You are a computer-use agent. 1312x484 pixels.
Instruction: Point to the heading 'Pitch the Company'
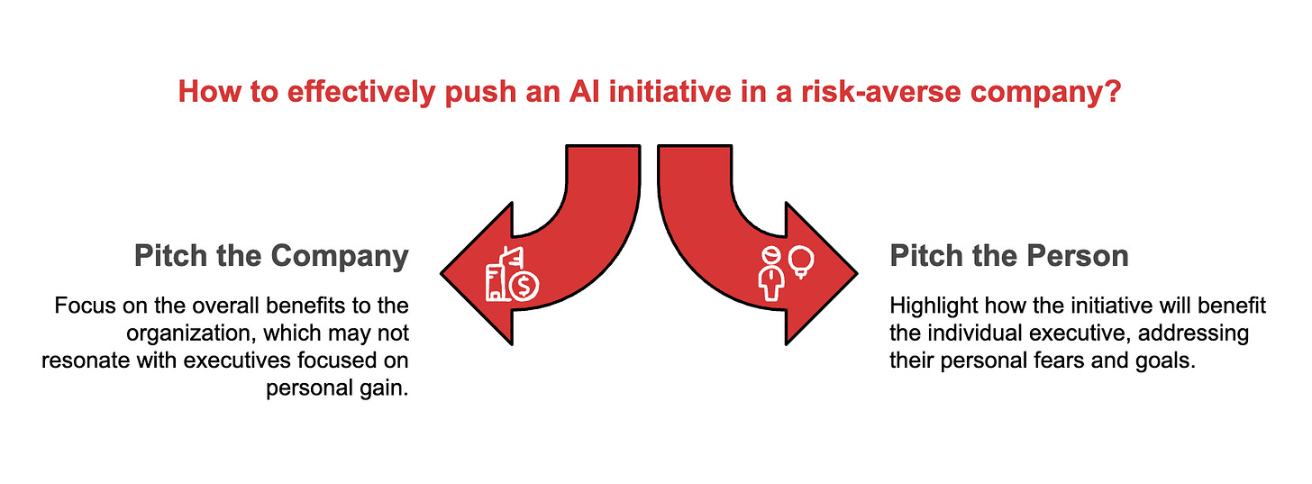pos(271,257)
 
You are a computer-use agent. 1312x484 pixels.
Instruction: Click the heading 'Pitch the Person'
pos(1009,257)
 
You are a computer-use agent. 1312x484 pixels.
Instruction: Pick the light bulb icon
pos(801,261)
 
